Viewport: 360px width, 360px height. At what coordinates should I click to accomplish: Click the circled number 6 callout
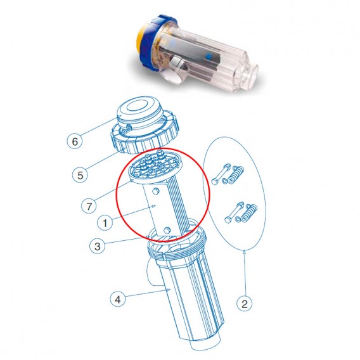pyautogui.click(x=75, y=141)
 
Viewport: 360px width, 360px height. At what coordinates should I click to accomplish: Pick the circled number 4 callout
pyautogui.click(x=118, y=299)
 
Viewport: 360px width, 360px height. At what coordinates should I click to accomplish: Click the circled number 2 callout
pyautogui.click(x=246, y=303)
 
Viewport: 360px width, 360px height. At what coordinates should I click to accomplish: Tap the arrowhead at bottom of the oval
pyautogui.click(x=245, y=252)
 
